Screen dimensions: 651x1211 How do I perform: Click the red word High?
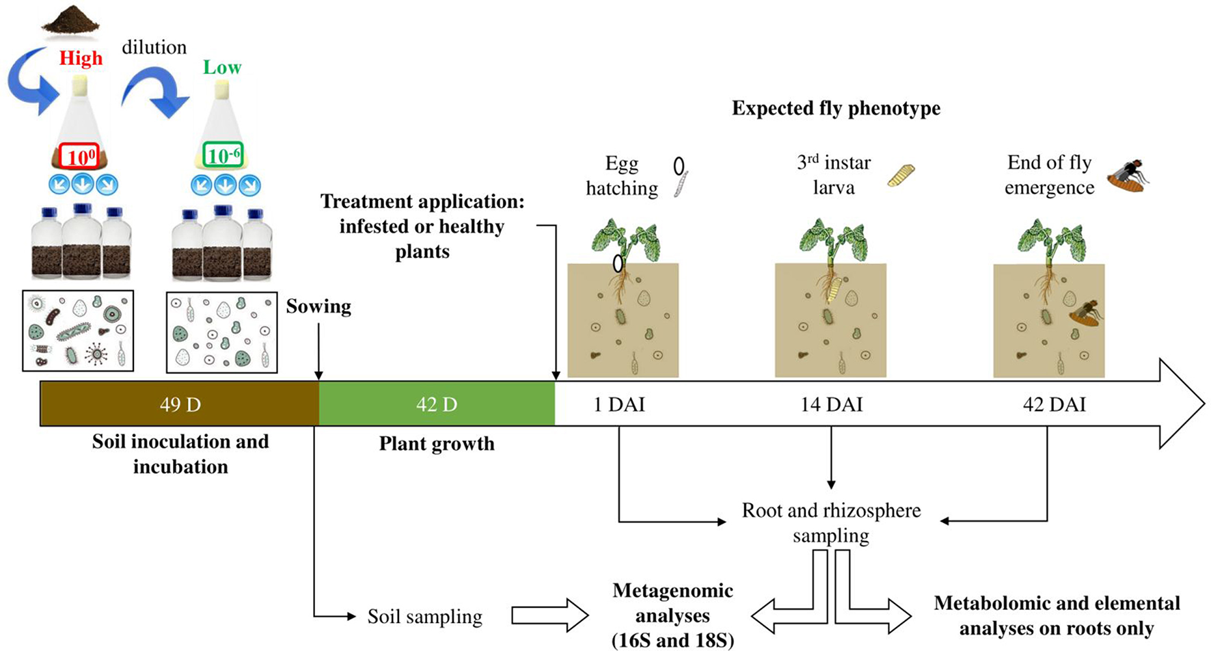81,59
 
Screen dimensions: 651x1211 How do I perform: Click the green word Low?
222,68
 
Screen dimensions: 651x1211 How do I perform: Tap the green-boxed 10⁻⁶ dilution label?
223,155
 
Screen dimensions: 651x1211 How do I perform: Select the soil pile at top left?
70,18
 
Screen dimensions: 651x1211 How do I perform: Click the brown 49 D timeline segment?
180,404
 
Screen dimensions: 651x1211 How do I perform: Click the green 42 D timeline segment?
437,404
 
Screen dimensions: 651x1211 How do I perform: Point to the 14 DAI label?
831,405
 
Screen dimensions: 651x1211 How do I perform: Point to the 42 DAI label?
1054,405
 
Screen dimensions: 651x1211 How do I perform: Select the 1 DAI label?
618,405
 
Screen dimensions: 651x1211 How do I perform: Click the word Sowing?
318,306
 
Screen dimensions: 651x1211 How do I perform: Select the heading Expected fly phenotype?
836,108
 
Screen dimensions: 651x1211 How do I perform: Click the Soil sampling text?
424,617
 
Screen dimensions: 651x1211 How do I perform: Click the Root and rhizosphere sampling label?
831,522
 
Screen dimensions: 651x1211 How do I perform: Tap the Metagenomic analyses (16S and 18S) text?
672,615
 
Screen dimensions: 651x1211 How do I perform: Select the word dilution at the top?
154,47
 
